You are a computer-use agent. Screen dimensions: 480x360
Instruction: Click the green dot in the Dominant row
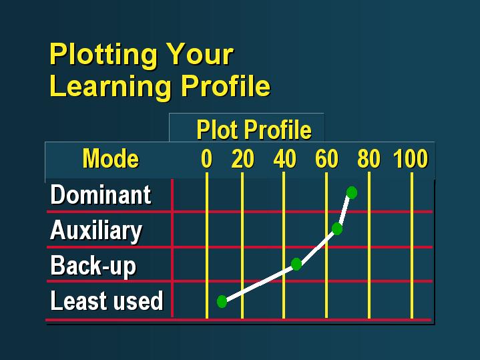[352, 193]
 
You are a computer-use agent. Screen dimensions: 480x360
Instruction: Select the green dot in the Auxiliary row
[337, 228]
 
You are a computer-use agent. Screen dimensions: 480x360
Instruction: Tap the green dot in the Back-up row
[296, 264]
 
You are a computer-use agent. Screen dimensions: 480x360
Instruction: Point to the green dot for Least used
[222, 301]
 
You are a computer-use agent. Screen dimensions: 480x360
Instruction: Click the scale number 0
[207, 159]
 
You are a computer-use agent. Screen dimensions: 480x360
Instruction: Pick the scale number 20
[243, 159]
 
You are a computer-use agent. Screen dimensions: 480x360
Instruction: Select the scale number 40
[285, 159]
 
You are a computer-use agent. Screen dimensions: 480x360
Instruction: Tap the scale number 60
[326, 159]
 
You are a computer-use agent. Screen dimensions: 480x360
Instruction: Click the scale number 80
[369, 159]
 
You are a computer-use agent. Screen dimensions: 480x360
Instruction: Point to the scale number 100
[411, 159]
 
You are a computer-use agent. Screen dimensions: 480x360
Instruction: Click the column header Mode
[111, 159]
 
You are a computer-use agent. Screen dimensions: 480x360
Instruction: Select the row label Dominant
[101, 194]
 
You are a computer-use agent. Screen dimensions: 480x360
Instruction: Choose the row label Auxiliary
[96, 231]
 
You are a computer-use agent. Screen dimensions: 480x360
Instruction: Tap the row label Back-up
[93, 266]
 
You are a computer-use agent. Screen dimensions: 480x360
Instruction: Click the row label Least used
[107, 301]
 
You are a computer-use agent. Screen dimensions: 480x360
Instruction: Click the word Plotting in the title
[103, 55]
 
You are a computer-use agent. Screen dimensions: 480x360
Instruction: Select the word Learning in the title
[110, 87]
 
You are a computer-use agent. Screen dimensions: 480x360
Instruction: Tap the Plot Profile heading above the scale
[254, 130]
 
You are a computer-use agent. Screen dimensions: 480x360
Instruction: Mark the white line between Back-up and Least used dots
[259, 283]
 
